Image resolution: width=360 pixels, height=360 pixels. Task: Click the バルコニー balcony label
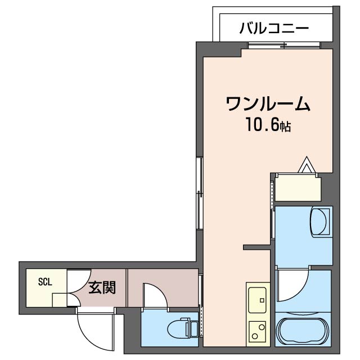pos(274,29)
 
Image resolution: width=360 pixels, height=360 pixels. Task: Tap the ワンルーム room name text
pos(268,103)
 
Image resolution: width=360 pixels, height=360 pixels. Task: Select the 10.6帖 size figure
pos(268,125)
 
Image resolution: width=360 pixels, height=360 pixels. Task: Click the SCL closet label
pos(45,282)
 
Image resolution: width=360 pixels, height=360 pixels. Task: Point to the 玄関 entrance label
pos(102,287)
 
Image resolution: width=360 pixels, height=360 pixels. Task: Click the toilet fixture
pos(183,328)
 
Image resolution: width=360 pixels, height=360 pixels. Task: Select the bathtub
pos(303,331)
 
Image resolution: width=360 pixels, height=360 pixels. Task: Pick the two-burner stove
pos(258,331)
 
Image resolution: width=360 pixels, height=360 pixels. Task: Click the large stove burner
pos(261,327)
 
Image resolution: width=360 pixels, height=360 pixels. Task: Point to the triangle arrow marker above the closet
pos(306,164)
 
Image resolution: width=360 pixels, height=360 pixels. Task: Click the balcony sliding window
pos(284,46)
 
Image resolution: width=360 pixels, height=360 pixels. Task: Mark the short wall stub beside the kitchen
pos(256,247)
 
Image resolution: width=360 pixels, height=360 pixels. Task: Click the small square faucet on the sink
pos(262,300)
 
